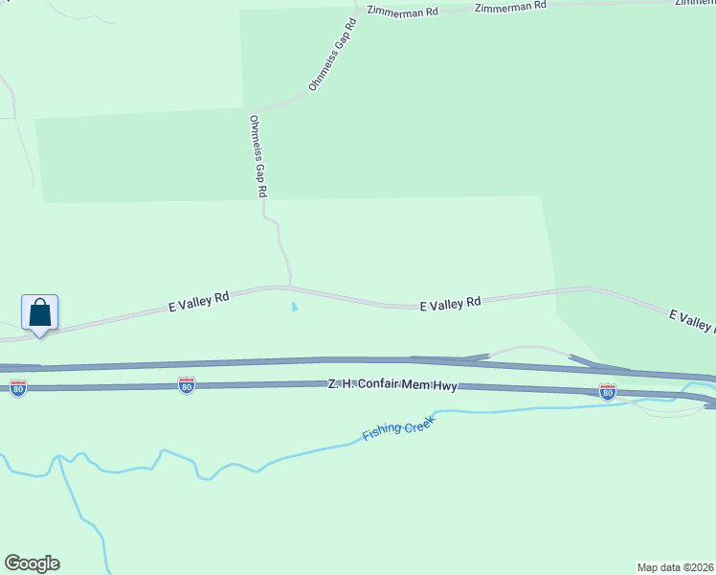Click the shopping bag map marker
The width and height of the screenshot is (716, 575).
[39, 313]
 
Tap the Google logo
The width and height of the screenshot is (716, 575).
[32, 563]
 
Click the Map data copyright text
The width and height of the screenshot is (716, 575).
[676, 566]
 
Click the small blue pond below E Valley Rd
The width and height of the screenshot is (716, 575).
[294, 308]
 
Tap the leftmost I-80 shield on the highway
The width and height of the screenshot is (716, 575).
[17, 387]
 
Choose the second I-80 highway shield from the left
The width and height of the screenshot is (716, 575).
[187, 385]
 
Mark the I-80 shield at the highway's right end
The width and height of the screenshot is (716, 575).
[607, 391]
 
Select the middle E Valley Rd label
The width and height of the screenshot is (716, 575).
[450, 304]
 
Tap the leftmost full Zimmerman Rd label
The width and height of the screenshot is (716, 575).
[403, 11]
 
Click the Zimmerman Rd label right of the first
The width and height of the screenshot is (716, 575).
[511, 6]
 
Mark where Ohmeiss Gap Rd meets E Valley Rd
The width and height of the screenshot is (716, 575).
[290, 287]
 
